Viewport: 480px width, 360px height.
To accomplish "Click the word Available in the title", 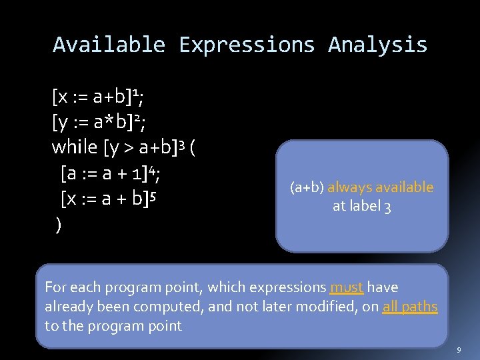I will click(x=109, y=45).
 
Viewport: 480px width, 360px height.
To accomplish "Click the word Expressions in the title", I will click(x=247, y=45).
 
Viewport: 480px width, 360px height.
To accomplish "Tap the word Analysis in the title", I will click(x=377, y=45).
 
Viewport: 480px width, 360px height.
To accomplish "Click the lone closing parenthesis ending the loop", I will click(x=59, y=225).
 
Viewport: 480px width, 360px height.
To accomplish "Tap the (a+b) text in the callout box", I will click(x=307, y=187).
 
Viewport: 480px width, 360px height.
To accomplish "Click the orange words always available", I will click(x=380, y=187).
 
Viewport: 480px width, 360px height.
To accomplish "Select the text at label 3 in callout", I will click(x=362, y=207).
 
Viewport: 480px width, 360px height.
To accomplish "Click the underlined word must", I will click(x=346, y=288).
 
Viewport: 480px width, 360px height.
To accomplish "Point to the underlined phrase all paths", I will click(x=409, y=307).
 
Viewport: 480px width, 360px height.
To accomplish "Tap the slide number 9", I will click(x=459, y=350).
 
